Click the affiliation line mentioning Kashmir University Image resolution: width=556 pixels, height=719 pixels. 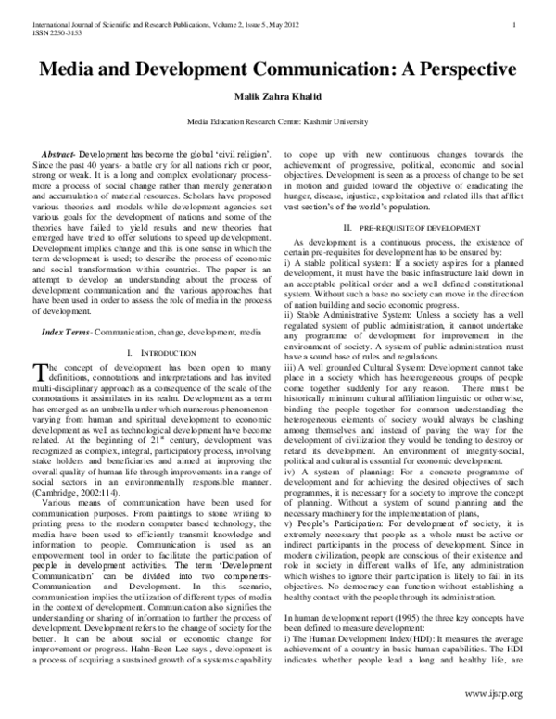(x=277, y=121)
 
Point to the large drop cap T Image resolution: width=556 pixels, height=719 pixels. (x=39, y=373)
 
